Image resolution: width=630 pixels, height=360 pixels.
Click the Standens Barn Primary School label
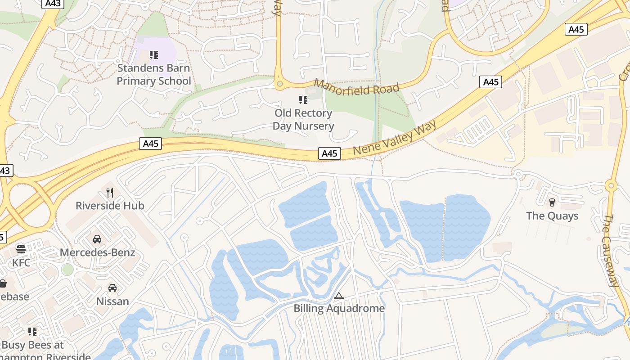[x=153, y=75]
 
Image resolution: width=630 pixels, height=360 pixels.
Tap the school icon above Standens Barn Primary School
[x=154, y=55]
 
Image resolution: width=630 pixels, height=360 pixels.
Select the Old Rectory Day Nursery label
[x=303, y=120]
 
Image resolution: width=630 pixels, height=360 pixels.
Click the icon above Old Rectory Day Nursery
[x=303, y=99]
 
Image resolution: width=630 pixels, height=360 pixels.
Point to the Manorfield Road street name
[x=356, y=87]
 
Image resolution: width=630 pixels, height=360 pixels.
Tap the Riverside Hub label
[x=110, y=206]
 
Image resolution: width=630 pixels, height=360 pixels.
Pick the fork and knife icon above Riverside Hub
[x=110, y=193]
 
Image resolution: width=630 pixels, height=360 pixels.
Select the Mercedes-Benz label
[x=97, y=252]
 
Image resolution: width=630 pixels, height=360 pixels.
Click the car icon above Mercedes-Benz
[x=97, y=239]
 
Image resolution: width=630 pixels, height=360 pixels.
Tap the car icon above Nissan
[x=112, y=288]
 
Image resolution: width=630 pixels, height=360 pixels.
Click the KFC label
[x=21, y=262]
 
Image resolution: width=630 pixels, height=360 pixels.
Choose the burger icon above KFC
[x=21, y=249]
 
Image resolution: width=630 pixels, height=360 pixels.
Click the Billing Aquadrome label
[x=339, y=308]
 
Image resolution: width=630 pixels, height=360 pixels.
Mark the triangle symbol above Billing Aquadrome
[x=339, y=296]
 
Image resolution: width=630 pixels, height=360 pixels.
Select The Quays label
[x=552, y=216]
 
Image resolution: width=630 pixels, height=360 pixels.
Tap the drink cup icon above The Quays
[x=552, y=202]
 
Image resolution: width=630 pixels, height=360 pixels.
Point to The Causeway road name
[x=611, y=250]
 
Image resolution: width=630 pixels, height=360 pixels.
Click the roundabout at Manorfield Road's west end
[x=280, y=84]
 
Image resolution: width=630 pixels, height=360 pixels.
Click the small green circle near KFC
[x=67, y=270]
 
